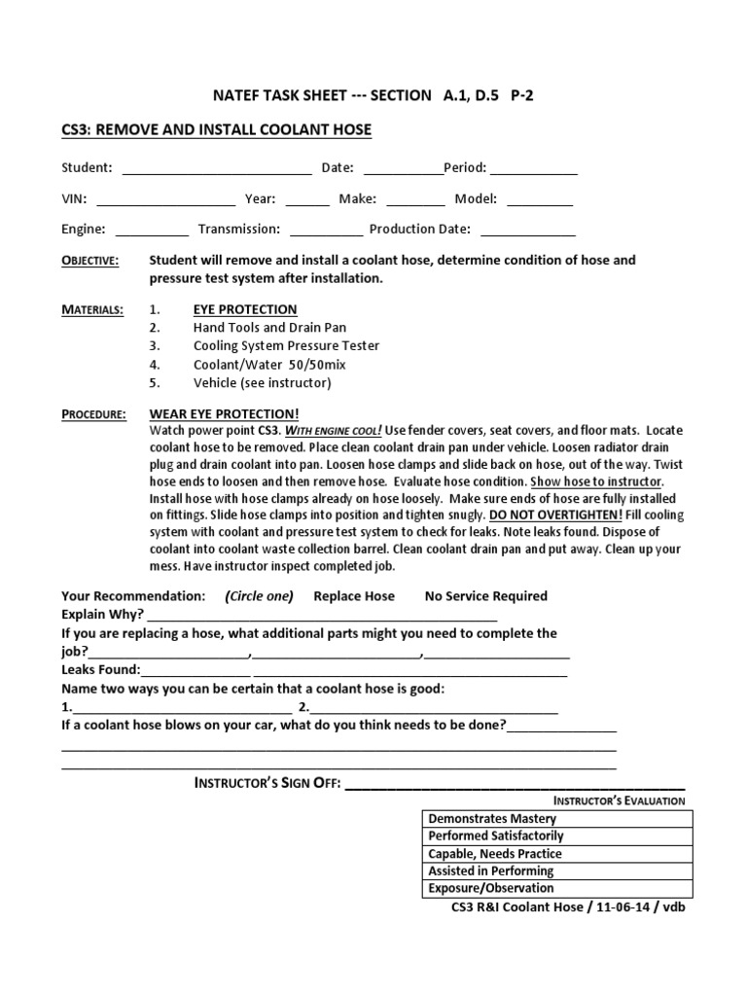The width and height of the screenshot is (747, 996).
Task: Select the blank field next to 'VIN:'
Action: click(x=165, y=200)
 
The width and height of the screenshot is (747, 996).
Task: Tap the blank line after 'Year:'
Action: click(x=307, y=200)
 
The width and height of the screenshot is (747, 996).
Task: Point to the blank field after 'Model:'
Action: click(x=540, y=200)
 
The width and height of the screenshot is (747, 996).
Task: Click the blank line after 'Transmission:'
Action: click(x=326, y=231)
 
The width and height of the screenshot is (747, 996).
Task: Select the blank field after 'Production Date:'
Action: click(x=528, y=231)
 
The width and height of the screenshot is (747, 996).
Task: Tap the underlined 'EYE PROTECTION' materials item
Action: click(x=245, y=309)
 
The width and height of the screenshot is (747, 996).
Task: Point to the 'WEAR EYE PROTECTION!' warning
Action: click(x=224, y=414)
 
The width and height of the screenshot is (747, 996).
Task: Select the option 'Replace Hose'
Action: click(x=354, y=596)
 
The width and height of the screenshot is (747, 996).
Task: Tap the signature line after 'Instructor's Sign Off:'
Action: click(x=516, y=784)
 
